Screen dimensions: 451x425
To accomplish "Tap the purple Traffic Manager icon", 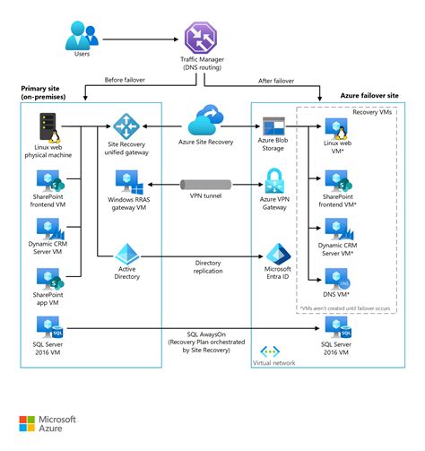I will (200, 38).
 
